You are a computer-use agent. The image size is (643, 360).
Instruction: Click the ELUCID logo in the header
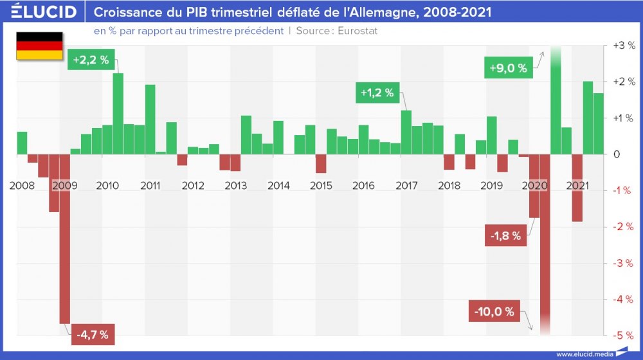click(x=44, y=12)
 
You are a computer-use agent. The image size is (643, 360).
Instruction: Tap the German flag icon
click(x=39, y=46)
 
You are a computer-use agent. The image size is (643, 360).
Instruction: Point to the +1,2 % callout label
click(x=376, y=93)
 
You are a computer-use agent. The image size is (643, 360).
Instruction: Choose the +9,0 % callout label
click(x=508, y=68)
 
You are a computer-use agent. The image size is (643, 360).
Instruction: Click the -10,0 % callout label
click(x=494, y=312)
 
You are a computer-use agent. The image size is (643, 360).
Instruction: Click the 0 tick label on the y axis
click(x=617, y=154)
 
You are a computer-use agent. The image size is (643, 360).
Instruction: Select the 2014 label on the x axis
click(x=278, y=186)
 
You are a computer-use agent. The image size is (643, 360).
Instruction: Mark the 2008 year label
click(x=22, y=186)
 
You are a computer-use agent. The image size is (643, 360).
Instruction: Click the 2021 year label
click(x=577, y=186)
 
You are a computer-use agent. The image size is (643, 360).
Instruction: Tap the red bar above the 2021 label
click(x=577, y=188)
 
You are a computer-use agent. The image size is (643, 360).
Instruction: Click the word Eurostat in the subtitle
click(x=357, y=31)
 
